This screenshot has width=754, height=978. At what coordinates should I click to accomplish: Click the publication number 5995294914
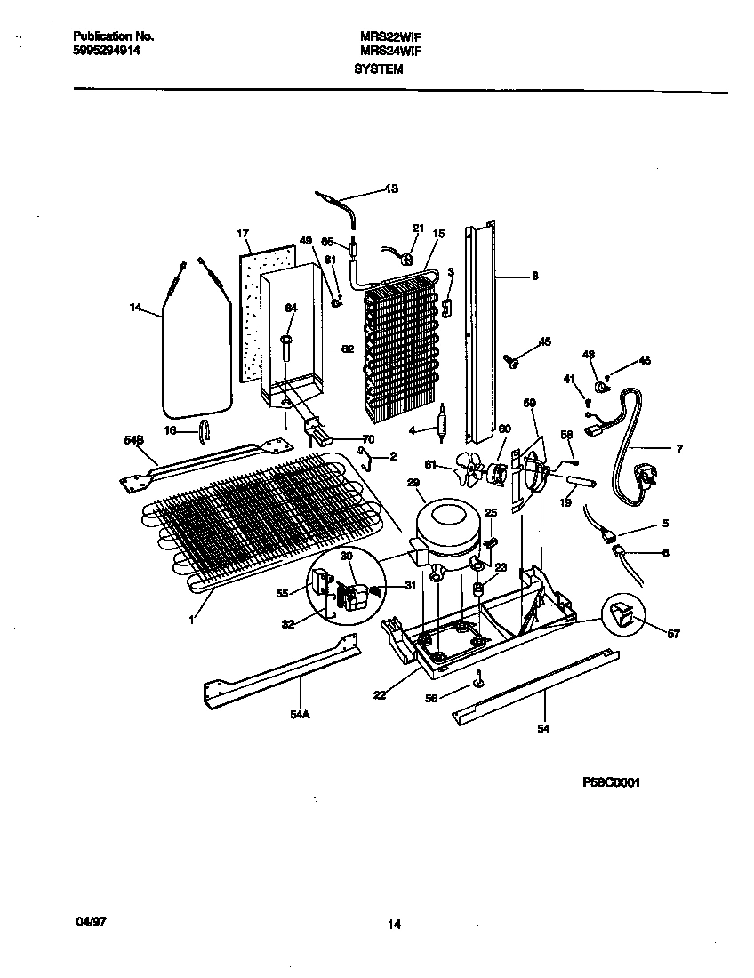point(106,51)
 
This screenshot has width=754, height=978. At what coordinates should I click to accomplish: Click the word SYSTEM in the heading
point(378,68)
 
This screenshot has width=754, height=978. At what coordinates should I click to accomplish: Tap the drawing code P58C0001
point(612,782)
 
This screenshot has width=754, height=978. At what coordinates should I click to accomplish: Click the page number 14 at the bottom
point(394,925)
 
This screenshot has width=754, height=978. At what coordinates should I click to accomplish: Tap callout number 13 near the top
point(391,188)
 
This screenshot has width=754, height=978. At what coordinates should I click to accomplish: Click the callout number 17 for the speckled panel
point(242,234)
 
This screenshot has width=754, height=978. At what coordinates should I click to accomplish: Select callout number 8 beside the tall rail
point(534,277)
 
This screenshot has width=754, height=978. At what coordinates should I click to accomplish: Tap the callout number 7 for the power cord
point(678,450)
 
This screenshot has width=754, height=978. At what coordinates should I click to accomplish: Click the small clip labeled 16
point(204,430)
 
